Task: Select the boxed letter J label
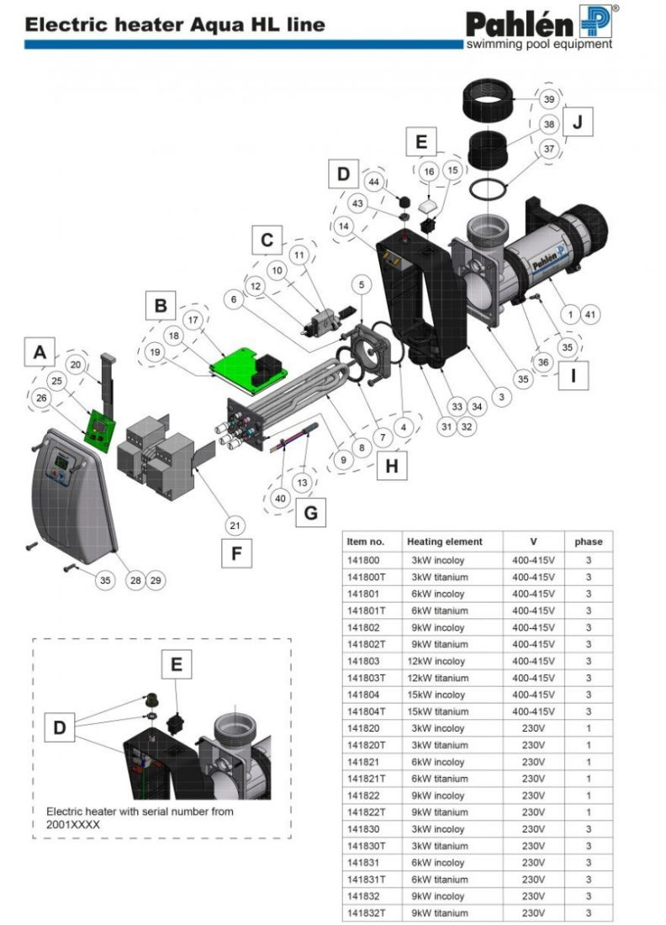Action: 577,122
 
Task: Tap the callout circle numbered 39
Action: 548,99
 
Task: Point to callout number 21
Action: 236,526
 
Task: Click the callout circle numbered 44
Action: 374,182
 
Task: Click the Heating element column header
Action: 444,542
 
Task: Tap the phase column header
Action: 588,542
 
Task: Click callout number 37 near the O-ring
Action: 548,149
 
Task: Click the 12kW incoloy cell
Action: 437,661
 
